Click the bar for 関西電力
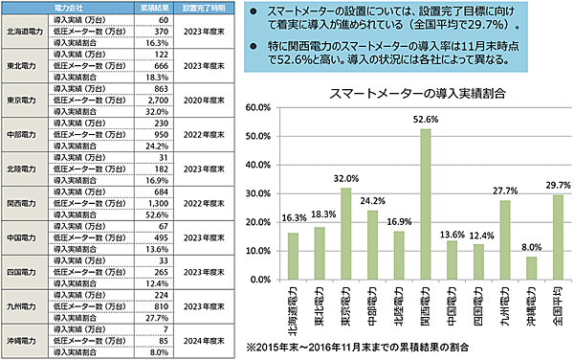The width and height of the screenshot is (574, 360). [x=426, y=206]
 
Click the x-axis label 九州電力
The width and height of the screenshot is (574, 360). [x=504, y=305]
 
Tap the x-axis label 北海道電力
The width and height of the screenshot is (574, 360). [x=294, y=308]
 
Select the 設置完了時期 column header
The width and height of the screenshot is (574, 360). [x=203, y=9]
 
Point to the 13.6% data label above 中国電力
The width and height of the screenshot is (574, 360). [x=452, y=233]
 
